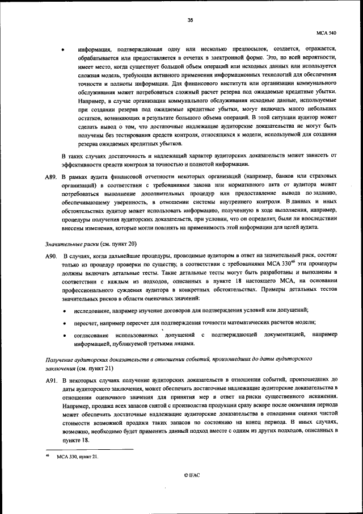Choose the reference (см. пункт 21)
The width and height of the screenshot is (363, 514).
pos(98,368)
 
